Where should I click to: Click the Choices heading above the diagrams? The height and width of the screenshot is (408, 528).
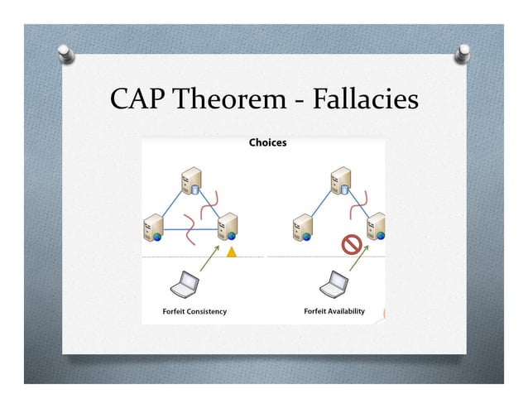[x=267, y=143]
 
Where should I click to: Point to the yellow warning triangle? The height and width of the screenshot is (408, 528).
[x=233, y=251]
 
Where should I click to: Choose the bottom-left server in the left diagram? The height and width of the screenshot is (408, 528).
[x=153, y=227]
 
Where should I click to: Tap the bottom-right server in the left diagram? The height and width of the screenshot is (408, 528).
[x=227, y=227]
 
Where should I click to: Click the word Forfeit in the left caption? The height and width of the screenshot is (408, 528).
[x=175, y=312]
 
